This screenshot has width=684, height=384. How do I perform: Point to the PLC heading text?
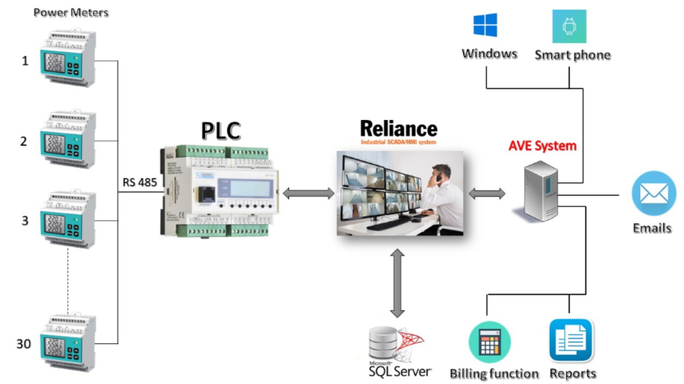221,131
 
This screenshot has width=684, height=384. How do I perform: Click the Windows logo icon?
485,25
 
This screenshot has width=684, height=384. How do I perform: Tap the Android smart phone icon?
569,27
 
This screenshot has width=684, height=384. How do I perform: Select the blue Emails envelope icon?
654,193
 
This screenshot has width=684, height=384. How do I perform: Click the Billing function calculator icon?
489,342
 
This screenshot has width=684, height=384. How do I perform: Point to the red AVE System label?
542,146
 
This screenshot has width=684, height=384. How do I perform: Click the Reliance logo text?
399,128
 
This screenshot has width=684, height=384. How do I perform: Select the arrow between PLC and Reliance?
308,193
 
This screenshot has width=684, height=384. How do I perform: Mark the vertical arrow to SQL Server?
397,283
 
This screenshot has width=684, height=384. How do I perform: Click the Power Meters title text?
71,12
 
